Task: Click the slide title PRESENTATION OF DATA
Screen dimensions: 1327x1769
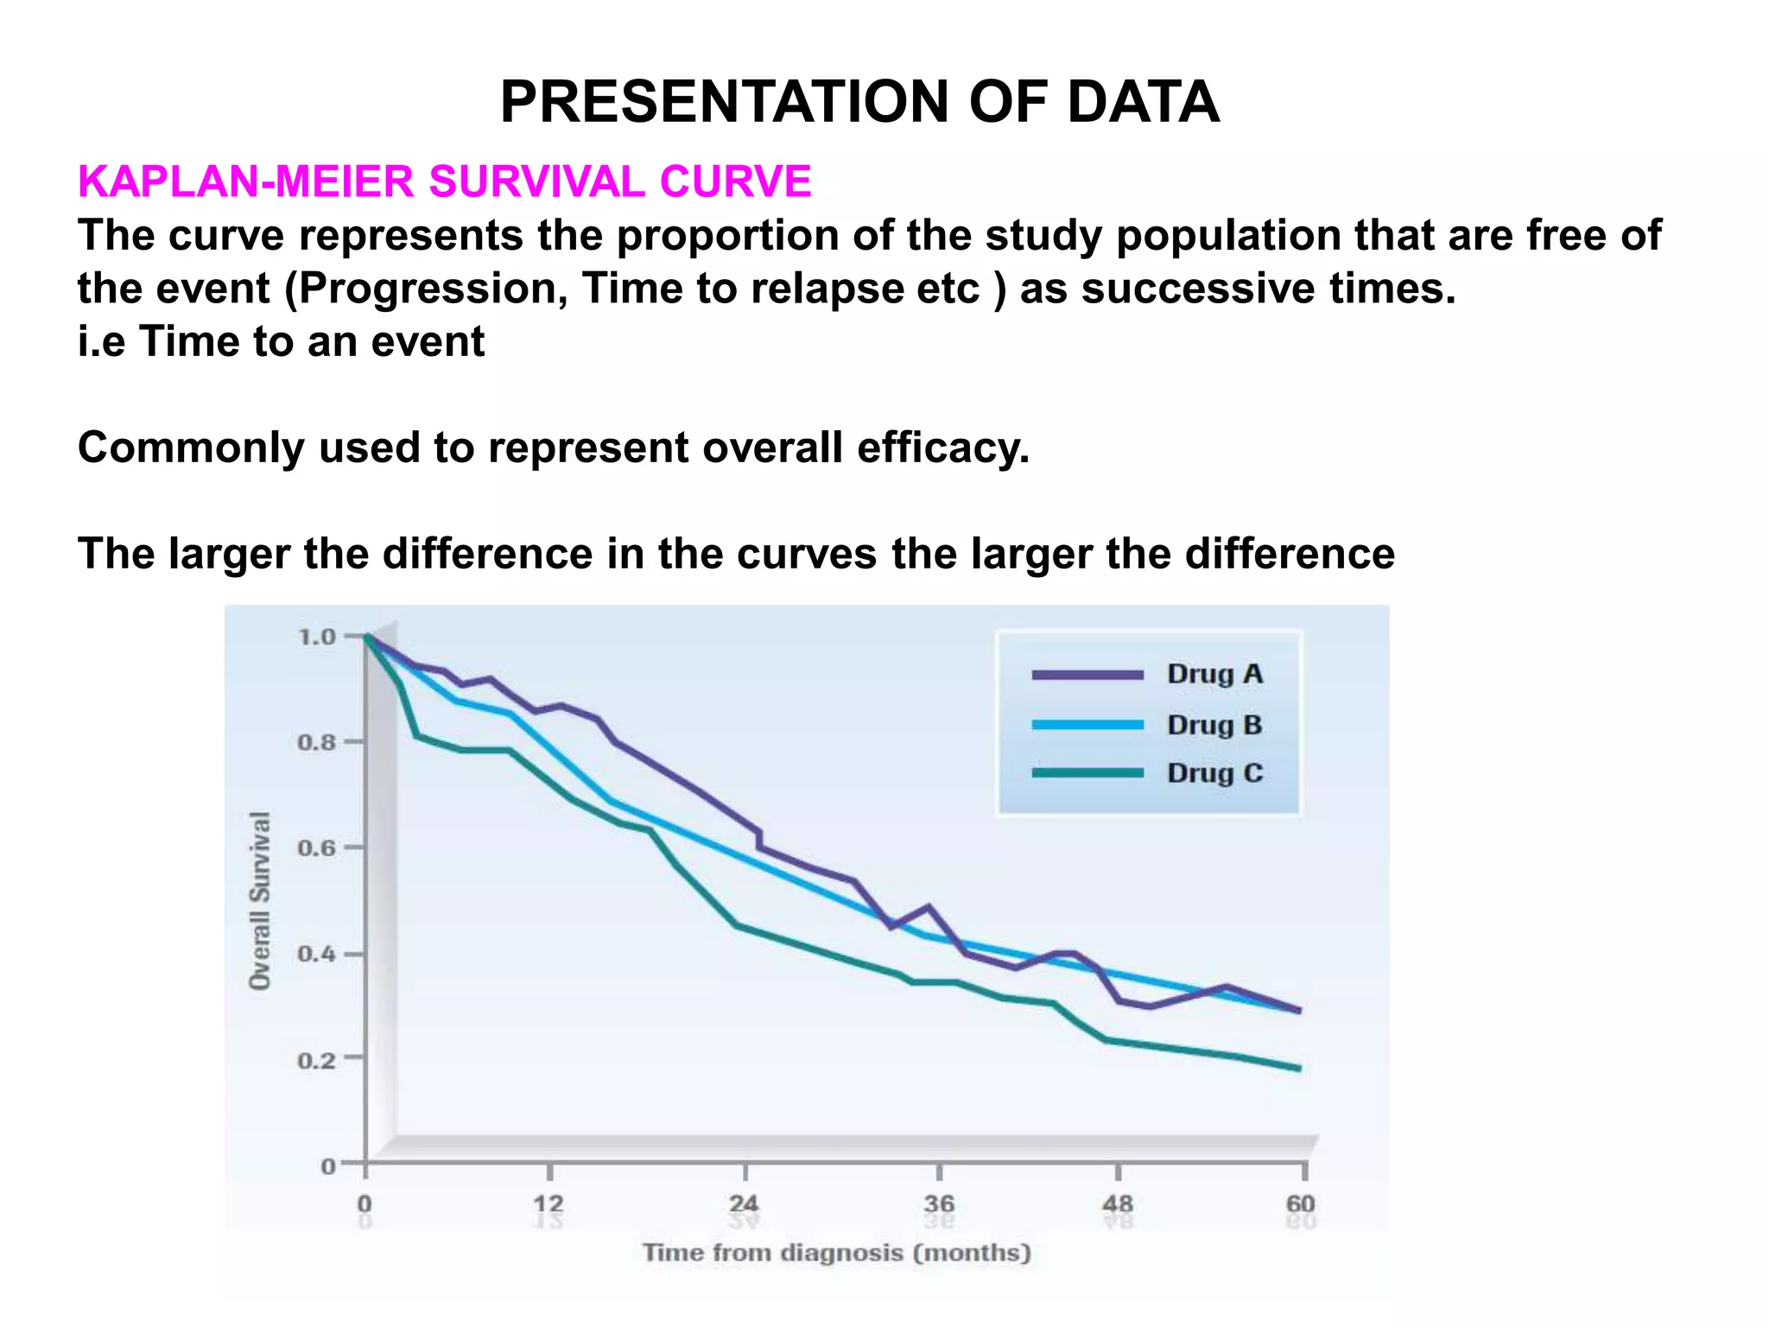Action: coord(859,102)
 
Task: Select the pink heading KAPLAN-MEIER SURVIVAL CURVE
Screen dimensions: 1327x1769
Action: coord(444,181)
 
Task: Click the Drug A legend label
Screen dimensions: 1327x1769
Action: coord(1214,674)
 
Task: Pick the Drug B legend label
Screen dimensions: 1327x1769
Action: coord(1214,724)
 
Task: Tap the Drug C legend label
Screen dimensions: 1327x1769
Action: coord(1214,772)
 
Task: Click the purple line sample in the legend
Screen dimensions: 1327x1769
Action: coord(1087,675)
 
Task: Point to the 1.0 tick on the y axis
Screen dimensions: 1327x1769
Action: coord(317,638)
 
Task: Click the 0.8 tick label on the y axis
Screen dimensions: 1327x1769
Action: coord(317,743)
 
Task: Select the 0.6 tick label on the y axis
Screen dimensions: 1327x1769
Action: coord(317,848)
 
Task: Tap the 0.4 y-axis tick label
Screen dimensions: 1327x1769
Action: coord(317,955)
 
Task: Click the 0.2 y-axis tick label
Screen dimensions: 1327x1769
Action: coord(317,1060)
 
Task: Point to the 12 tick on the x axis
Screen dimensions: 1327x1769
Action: coord(548,1203)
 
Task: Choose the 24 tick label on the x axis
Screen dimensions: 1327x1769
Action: coord(744,1203)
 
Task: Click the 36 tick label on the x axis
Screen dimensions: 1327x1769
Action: coord(939,1203)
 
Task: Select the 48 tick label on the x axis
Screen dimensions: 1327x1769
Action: coord(1118,1203)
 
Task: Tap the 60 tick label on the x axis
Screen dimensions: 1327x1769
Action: coord(1301,1203)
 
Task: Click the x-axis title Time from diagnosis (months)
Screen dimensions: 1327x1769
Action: coord(836,1253)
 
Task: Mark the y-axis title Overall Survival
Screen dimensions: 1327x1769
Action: coord(260,900)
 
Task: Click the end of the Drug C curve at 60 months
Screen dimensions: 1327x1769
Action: coord(1298,1068)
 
